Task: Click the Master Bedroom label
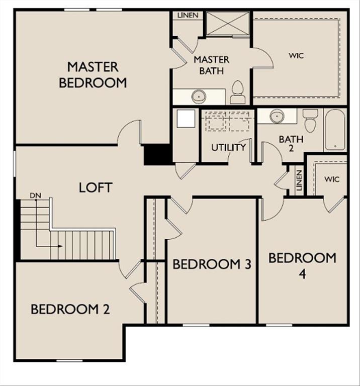(x=93, y=74)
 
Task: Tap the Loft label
(x=96, y=187)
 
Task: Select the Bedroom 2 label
(x=70, y=309)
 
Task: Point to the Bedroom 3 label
(x=212, y=264)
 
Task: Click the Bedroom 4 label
(x=302, y=265)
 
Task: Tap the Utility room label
(x=228, y=148)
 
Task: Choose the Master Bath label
(x=212, y=65)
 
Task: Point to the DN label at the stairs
(x=35, y=195)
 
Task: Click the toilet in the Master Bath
(x=237, y=91)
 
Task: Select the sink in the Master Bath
(x=199, y=95)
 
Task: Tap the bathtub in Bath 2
(x=335, y=129)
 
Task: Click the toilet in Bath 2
(x=310, y=120)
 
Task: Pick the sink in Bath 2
(x=277, y=116)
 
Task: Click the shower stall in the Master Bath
(x=228, y=24)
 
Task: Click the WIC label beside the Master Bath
(x=296, y=55)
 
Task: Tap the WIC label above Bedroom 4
(x=332, y=179)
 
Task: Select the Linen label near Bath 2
(x=299, y=180)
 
